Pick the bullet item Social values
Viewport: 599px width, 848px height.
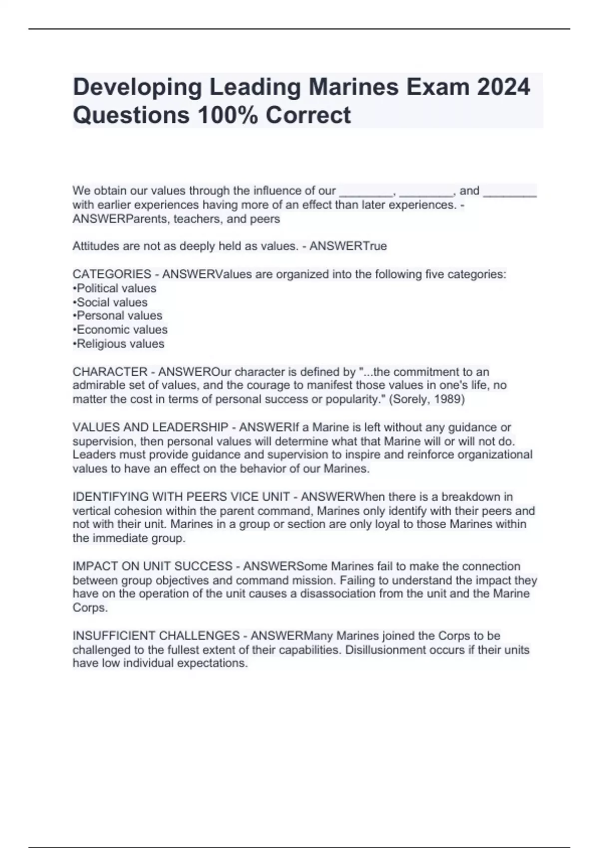111,302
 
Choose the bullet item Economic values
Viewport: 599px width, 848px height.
121,330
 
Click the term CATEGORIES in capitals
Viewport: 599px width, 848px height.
112,274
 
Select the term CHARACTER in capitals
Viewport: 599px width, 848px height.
110,372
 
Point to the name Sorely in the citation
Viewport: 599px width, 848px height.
410,400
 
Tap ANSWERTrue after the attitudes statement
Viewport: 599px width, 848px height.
348,246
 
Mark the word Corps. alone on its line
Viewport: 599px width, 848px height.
90,608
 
